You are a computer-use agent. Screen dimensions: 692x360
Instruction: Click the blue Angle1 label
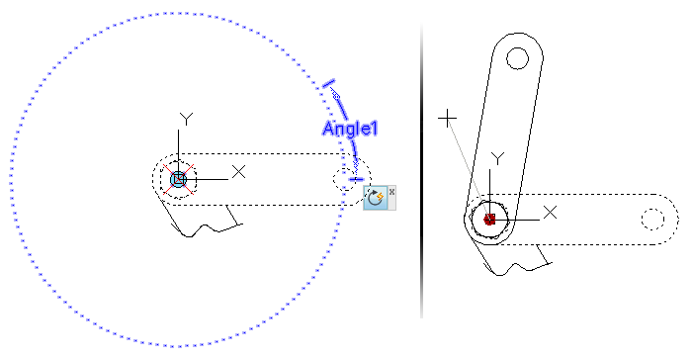click(x=350, y=129)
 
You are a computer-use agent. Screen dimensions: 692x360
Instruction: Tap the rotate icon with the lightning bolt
click(x=375, y=198)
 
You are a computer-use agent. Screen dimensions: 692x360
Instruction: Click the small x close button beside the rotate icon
click(x=391, y=192)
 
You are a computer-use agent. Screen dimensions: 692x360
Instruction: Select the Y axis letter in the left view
click(x=187, y=119)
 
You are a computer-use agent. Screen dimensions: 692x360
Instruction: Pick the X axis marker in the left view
click(x=239, y=172)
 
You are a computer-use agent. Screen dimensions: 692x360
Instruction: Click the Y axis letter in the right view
click(x=498, y=158)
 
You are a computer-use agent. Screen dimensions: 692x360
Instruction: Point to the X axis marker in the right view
click(x=550, y=213)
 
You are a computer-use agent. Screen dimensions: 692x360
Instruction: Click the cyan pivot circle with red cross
click(x=178, y=179)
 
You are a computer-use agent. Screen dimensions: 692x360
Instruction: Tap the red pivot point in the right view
click(x=489, y=220)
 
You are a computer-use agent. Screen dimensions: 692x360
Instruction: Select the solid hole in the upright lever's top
click(x=517, y=58)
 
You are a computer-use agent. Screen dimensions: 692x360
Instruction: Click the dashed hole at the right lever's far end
click(x=653, y=220)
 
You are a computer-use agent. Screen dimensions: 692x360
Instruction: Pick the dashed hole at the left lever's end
click(x=344, y=179)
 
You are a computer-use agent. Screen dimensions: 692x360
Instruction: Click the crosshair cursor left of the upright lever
click(x=447, y=119)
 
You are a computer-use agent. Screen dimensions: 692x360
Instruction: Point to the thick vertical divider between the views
click(x=421, y=170)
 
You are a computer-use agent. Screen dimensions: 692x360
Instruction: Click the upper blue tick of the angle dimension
click(x=328, y=83)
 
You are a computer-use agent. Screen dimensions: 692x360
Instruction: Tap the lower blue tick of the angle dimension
click(x=356, y=179)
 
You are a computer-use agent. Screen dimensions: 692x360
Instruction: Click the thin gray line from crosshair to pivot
click(x=468, y=168)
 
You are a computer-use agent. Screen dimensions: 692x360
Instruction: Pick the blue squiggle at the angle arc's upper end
click(x=335, y=94)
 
